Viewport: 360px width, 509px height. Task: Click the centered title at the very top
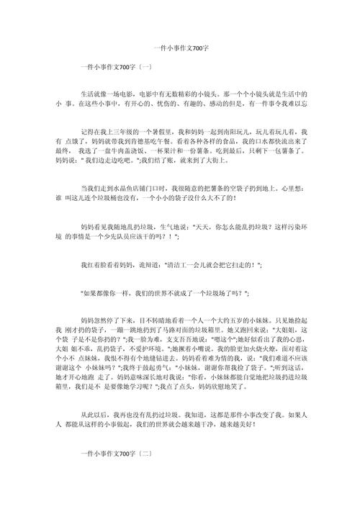pyautogui.click(x=180, y=48)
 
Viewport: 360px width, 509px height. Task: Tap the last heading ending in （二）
pyautogui.click(x=115, y=454)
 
